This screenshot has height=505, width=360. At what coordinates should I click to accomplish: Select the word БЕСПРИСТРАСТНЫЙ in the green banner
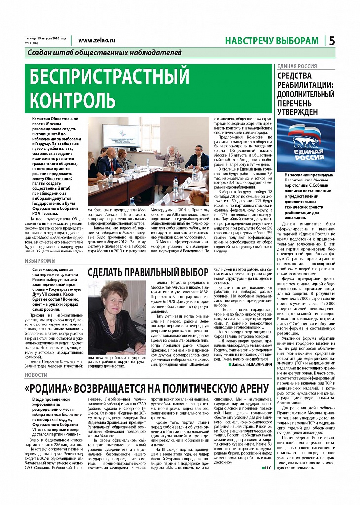[x=109, y=77]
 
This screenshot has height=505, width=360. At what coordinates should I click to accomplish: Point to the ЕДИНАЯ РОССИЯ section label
[x=297, y=66]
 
